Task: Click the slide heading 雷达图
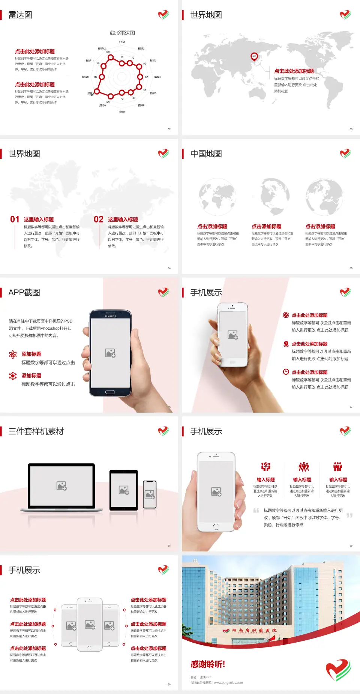click(20, 15)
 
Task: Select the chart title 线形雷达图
click(122, 33)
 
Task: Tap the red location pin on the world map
click(254, 57)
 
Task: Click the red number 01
click(15, 219)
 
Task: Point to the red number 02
click(99, 219)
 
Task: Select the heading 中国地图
click(206, 154)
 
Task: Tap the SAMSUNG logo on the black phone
click(110, 316)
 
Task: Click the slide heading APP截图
click(24, 293)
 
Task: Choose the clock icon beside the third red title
click(286, 372)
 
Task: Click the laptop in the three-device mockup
click(61, 487)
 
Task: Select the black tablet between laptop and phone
click(124, 490)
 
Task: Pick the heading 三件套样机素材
click(36, 431)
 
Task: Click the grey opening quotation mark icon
click(256, 510)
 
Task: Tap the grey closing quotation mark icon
click(349, 515)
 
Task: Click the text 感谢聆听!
click(208, 664)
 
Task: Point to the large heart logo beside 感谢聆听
click(338, 670)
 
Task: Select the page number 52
click(169, 129)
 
